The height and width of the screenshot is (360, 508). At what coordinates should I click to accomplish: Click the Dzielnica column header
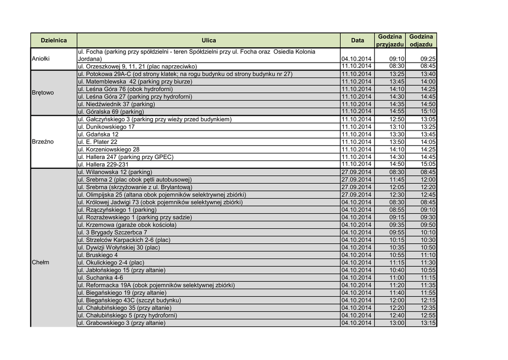[x=54, y=40]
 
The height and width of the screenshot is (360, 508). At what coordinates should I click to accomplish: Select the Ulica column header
[x=208, y=40]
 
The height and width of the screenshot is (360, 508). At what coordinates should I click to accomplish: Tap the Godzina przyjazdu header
[x=389, y=40]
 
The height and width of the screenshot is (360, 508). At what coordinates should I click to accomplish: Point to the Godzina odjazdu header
[x=421, y=40]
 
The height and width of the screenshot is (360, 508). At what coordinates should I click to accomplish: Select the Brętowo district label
[x=42, y=93]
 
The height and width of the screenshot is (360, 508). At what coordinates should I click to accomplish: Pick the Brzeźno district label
[x=42, y=142]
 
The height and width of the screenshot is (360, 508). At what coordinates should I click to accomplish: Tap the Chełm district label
[x=40, y=262]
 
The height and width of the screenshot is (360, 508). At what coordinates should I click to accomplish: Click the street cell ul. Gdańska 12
[x=98, y=135]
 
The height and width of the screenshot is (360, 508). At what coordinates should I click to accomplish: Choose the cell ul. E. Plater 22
[x=98, y=142]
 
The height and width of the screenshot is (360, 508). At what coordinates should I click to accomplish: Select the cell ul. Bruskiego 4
[x=98, y=255]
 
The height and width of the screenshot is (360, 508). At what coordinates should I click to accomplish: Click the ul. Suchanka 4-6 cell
[x=101, y=278]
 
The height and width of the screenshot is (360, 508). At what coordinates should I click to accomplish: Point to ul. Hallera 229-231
[x=103, y=164]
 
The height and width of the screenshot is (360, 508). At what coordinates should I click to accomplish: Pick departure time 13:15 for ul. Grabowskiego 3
[x=428, y=323]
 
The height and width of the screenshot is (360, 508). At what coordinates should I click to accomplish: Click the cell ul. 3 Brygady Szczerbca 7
[x=113, y=232]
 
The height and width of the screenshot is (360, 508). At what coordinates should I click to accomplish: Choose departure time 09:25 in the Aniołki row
[x=428, y=59]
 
